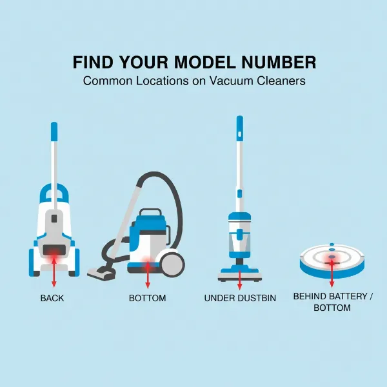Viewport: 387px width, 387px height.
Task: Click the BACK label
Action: click(x=52, y=298)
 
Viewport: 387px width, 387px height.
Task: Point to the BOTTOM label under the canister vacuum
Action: click(x=147, y=298)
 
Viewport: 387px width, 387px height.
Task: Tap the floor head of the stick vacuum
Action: click(x=240, y=275)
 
